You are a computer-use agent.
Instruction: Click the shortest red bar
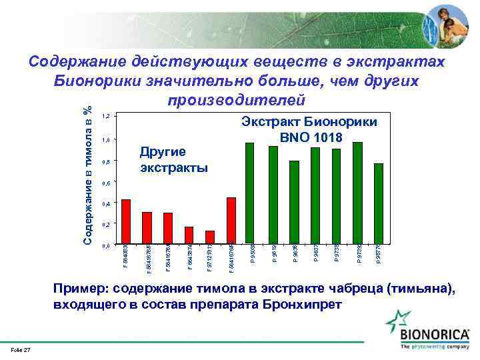pyautogui.click(x=210, y=237)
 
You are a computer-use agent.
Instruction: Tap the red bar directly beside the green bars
pyautogui.click(x=231, y=221)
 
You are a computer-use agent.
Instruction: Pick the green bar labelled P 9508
pyautogui.click(x=250, y=193)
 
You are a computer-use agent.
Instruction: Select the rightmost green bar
pyautogui.click(x=379, y=203)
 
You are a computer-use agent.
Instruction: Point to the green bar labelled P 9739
pyautogui.click(x=357, y=193)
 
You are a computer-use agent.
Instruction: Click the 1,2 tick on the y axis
pyautogui.click(x=105, y=117)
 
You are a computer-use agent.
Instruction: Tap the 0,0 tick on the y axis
pyautogui.click(x=105, y=246)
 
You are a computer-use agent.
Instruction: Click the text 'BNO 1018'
pyautogui.click(x=311, y=138)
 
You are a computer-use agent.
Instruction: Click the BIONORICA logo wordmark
pyautogui.click(x=435, y=333)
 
